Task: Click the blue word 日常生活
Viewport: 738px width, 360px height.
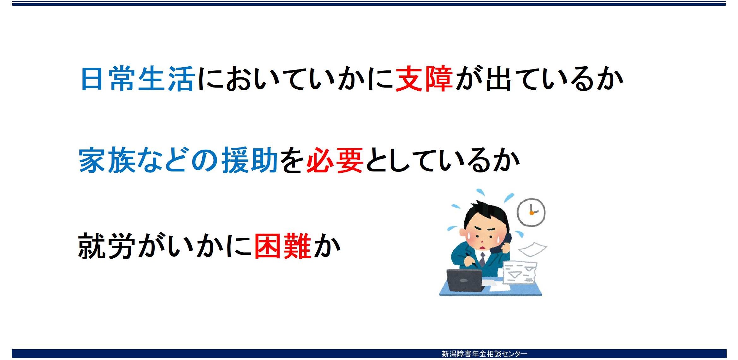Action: coord(137,79)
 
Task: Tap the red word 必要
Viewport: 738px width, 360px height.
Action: coord(335,160)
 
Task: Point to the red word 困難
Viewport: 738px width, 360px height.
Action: coord(283,246)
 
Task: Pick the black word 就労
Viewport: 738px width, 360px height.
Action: coord(107,246)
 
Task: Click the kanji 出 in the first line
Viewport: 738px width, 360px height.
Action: coord(499,79)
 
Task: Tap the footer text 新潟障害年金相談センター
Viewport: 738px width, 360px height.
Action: coord(485,354)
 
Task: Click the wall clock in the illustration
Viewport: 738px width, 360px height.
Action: coord(531,212)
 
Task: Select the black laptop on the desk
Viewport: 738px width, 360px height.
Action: coord(465,280)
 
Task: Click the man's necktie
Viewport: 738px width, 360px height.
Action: coord(482,259)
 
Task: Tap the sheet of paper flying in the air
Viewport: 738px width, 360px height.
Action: coord(533,249)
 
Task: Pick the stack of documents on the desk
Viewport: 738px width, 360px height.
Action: coord(519,272)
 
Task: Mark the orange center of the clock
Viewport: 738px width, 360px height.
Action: coord(532,213)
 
